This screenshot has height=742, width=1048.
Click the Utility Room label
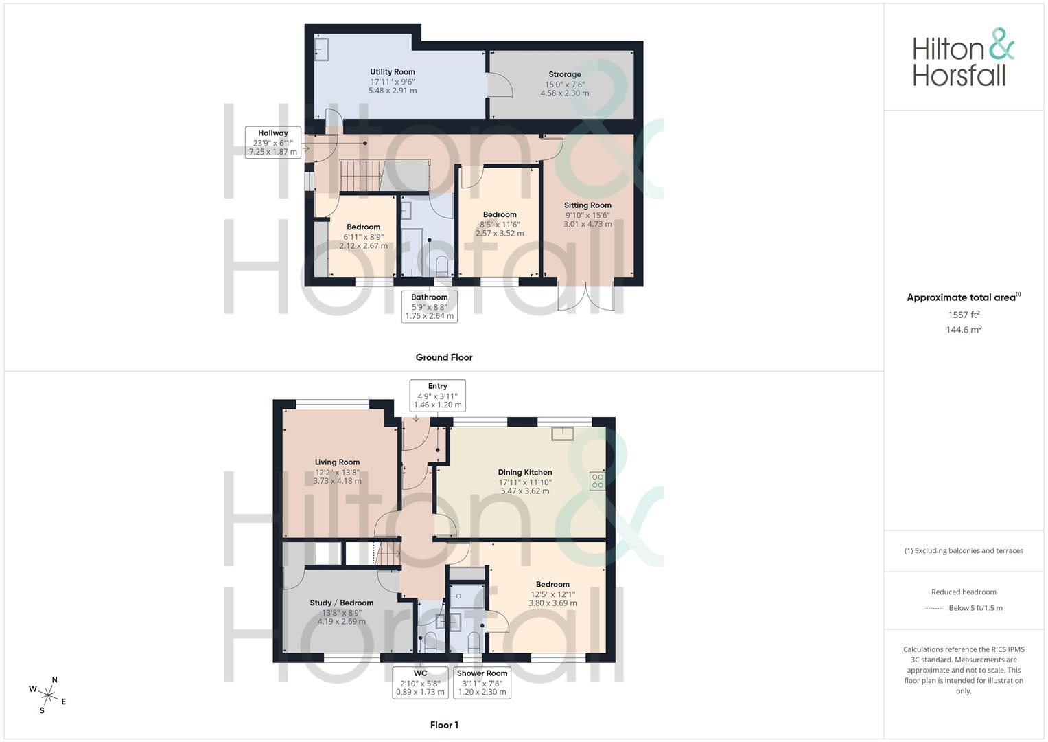click(393, 71)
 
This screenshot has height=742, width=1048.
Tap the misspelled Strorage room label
click(565, 74)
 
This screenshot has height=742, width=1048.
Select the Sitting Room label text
click(587, 205)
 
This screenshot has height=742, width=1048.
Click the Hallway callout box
click(272, 142)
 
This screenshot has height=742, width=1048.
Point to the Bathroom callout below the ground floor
click(430, 306)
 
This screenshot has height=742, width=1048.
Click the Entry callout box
click(437, 395)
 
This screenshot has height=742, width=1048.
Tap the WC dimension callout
click(420, 682)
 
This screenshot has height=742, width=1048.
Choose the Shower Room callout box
click(482, 682)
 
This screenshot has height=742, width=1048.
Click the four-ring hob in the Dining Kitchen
click(598, 481)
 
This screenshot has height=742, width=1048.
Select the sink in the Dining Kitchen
click(562, 434)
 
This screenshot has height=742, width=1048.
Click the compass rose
click(48, 695)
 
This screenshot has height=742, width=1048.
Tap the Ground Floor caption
click(444, 357)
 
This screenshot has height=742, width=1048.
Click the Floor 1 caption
click(444, 725)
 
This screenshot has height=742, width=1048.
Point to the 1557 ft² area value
click(964, 315)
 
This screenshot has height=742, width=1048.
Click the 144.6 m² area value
click(964, 329)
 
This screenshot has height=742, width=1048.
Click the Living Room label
click(338, 462)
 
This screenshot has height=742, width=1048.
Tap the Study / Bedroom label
click(342, 603)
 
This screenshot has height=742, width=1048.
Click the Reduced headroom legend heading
click(964, 592)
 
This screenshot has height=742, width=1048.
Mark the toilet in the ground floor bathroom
click(442, 266)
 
